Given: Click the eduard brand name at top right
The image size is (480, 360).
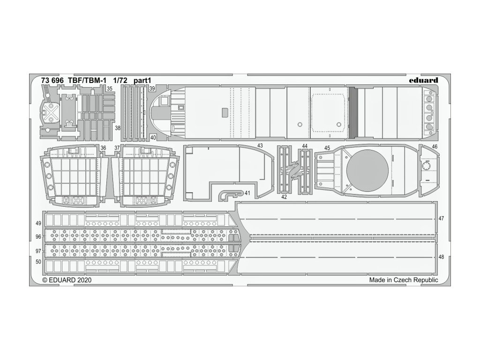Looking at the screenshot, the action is tap(423, 80).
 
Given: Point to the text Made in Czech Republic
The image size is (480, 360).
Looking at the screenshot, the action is tap(403, 280).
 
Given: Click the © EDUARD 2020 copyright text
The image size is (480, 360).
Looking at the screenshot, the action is tap(67, 280).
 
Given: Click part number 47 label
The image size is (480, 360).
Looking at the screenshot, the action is tap(441, 218).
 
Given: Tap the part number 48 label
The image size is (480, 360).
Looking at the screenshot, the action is tap(441, 257).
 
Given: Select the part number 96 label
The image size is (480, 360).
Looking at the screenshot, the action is tap(38, 237).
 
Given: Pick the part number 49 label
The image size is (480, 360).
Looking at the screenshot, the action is tap(38, 223).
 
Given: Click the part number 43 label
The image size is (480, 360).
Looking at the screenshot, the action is tap(260, 146).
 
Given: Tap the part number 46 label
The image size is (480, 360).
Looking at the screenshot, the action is tap(435, 147).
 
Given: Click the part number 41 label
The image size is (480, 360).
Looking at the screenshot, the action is tap(247, 193).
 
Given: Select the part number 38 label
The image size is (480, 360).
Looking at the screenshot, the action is tap(118, 127).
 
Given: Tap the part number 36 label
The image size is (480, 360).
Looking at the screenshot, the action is tap(103, 148).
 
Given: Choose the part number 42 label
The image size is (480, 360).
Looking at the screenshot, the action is tap(285, 197).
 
